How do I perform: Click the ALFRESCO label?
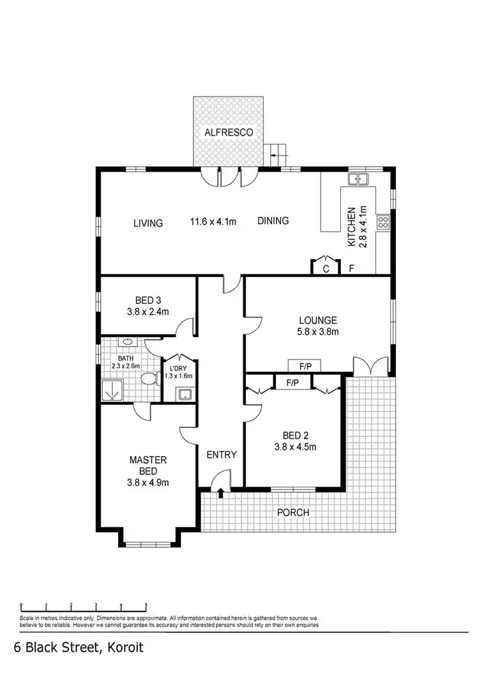(229, 132)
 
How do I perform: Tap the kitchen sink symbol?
(356, 179)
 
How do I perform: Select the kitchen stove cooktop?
(384, 222)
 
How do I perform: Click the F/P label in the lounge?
(305, 367)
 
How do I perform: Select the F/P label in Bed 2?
(293, 383)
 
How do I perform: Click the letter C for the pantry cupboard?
(326, 269)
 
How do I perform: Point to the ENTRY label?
(222, 455)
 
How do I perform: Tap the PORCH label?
(293, 512)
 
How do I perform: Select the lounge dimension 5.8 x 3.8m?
(317, 331)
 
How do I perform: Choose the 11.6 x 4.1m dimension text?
(213, 222)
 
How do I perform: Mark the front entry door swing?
(220, 478)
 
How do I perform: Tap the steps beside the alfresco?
(278, 152)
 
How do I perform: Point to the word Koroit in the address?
(122, 648)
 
